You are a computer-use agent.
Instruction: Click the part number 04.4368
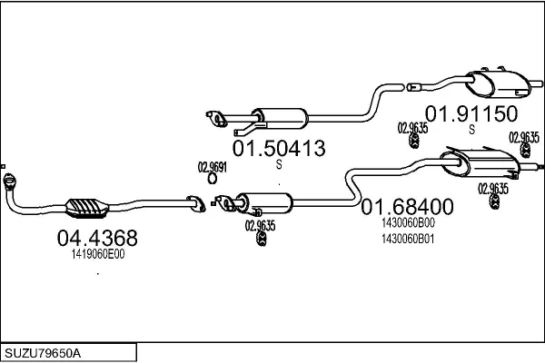coord(97,239)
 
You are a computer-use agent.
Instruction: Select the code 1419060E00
coord(97,255)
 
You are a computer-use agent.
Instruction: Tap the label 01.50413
coord(279,148)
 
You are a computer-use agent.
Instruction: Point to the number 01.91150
coord(471,114)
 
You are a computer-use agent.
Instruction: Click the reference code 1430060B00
coord(408,222)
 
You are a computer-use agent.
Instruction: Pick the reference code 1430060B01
coord(408,239)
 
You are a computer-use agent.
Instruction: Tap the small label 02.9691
coord(213,166)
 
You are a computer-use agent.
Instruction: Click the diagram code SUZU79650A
coord(44,351)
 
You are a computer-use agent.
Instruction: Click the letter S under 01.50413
coord(279,164)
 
